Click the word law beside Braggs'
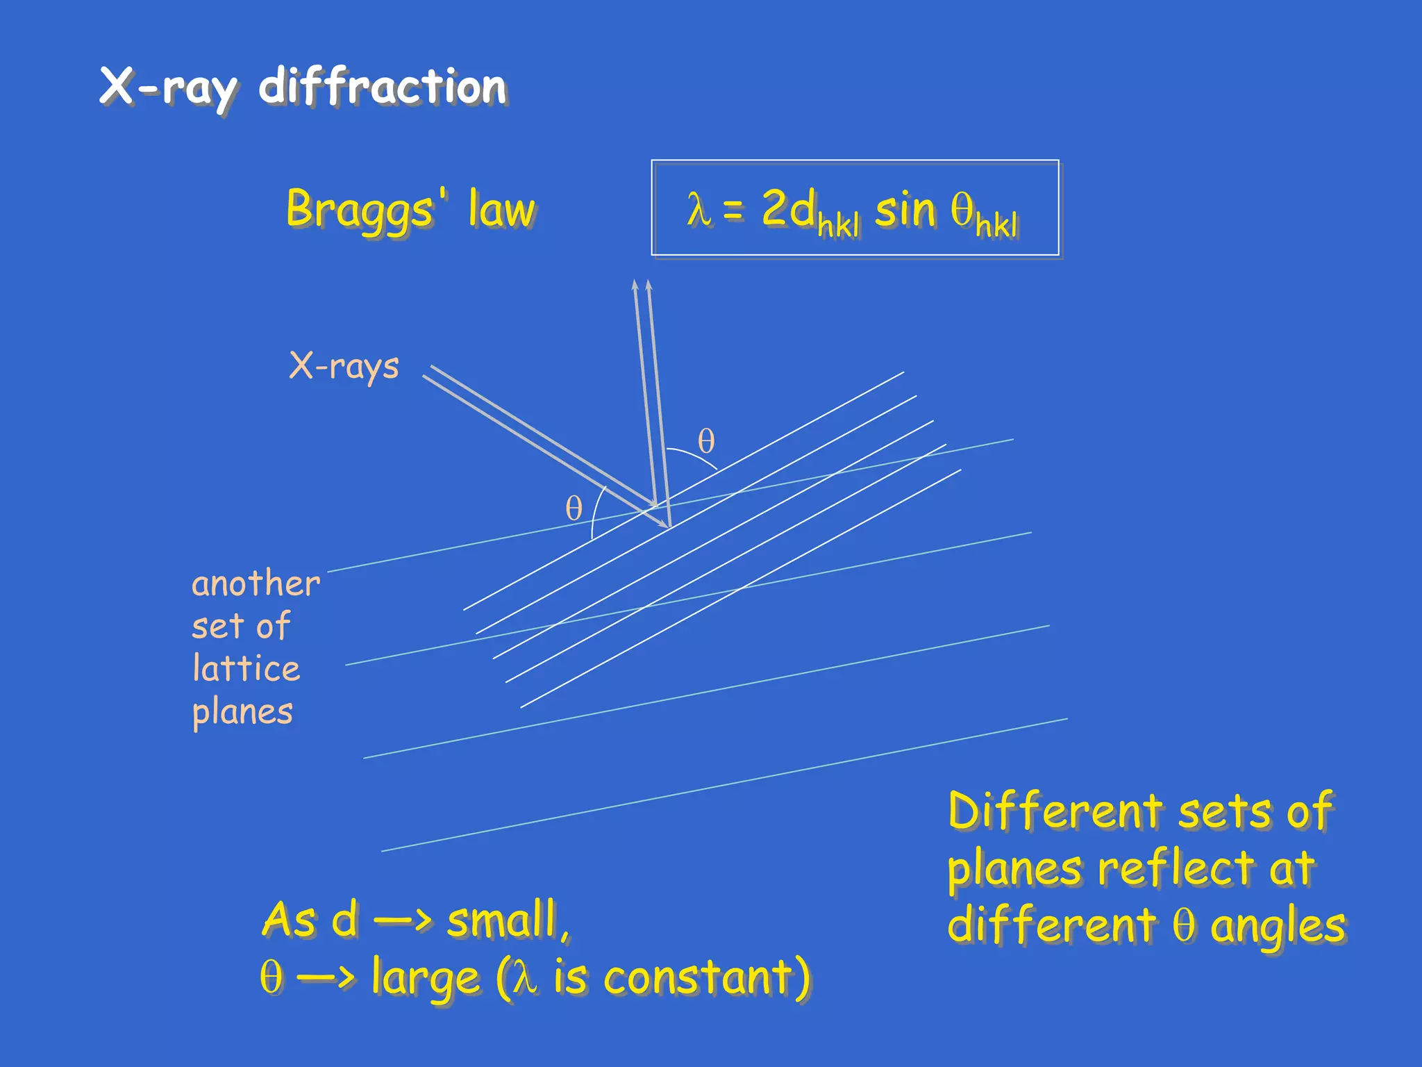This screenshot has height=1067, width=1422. (x=501, y=209)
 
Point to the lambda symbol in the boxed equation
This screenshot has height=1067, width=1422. (x=699, y=209)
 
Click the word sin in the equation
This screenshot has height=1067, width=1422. (x=905, y=209)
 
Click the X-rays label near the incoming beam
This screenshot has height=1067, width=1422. (x=344, y=366)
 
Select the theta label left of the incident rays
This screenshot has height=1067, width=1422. (x=574, y=508)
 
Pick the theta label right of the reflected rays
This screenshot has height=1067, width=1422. (x=706, y=442)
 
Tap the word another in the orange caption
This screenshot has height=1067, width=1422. (x=256, y=584)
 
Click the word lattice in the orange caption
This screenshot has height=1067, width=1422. (x=246, y=668)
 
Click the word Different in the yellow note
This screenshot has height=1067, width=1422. (x=1055, y=811)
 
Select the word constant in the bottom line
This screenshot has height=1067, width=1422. (x=697, y=978)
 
